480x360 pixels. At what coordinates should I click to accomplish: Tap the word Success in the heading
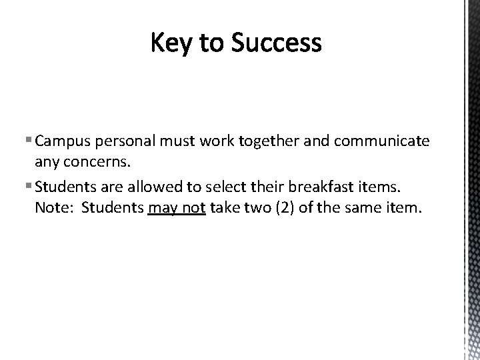point(277,43)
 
